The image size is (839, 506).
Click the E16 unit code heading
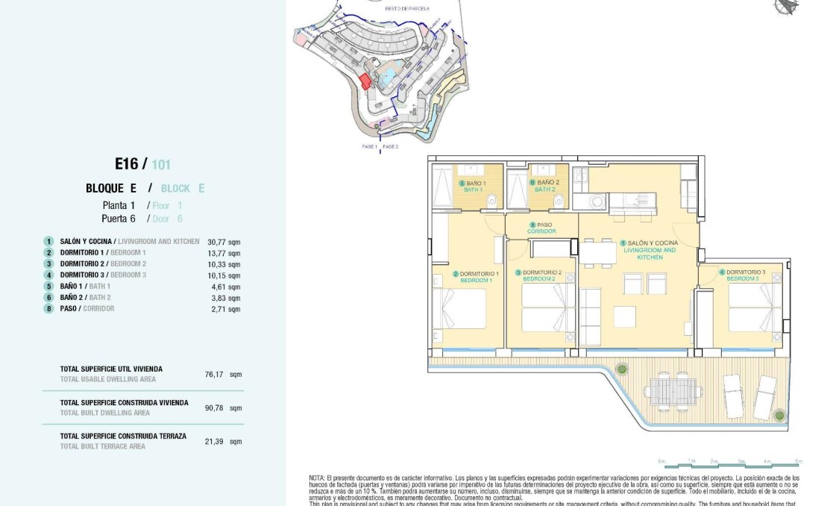click(128, 164)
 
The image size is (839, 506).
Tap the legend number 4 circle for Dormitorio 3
click(48, 275)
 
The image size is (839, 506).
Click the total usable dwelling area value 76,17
click(214, 374)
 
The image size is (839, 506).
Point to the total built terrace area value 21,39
click(214, 441)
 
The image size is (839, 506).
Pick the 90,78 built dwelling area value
click(214, 407)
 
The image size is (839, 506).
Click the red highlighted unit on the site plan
click(365, 81)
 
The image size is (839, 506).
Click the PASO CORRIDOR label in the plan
click(541, 228)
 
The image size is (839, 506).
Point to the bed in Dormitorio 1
click(462, 308)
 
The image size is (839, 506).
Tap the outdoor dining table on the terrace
click(673, 391)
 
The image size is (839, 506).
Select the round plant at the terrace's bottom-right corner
click(779, 414)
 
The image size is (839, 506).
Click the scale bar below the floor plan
click(730, 465)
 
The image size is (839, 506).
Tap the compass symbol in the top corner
click(785, 6)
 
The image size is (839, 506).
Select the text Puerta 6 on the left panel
click(119, 219)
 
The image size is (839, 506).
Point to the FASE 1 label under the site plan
click(369, 147)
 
